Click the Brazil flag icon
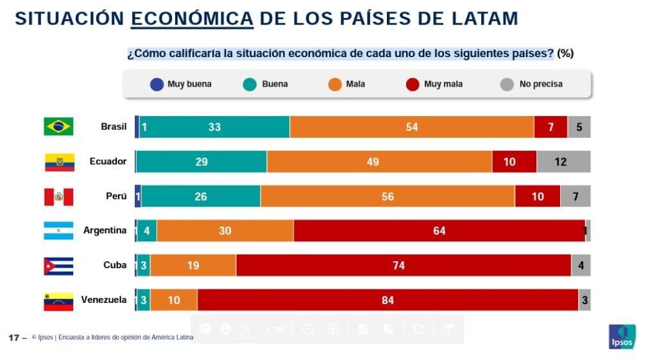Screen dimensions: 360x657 58,126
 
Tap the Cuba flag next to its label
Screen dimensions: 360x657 58,265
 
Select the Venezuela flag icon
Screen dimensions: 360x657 58,300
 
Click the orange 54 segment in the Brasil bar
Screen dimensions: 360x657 411,127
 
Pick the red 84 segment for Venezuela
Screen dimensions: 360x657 388,300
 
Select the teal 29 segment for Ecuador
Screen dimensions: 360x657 201,162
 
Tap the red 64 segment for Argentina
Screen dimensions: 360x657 439,231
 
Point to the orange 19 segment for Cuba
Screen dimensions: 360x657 193,265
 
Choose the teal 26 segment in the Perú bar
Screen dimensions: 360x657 201,196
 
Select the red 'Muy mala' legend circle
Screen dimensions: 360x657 413,84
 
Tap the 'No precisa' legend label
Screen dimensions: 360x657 541,84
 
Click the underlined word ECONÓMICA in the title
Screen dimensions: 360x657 192,19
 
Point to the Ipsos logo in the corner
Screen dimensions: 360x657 621,336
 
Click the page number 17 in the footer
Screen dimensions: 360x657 13,337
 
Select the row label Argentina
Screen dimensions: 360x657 105,230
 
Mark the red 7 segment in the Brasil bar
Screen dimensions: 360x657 550,127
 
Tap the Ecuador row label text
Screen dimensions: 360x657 108,162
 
